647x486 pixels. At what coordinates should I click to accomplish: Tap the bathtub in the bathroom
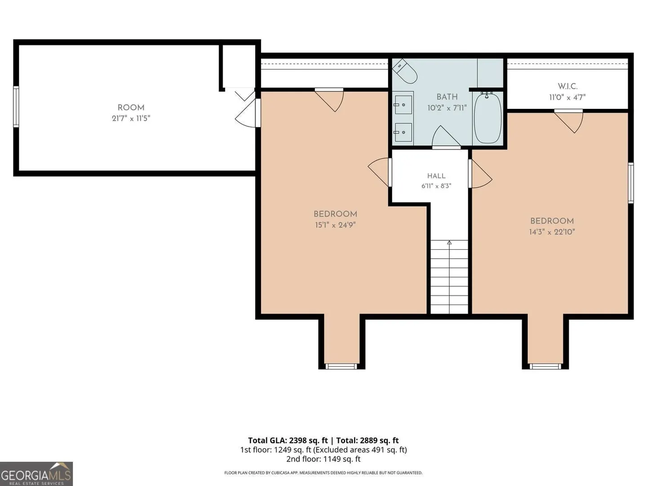coord(487,118)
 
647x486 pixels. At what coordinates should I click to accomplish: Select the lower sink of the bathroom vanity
coord(403,132)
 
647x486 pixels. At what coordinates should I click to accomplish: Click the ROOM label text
coord(131,108)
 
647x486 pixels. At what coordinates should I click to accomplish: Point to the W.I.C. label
coord(567,86)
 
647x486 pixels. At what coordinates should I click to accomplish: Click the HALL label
coord(436,176)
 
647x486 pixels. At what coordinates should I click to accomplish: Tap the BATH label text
coord(447,97)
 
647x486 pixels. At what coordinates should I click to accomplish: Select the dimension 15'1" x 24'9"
coord(335,225)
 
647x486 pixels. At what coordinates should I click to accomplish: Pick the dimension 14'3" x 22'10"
coord(552,232)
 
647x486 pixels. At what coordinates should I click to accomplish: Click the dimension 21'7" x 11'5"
coord(131,118)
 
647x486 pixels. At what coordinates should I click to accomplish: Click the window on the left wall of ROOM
coord(16,107)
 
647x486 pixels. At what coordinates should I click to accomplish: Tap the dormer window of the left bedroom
coord(341,366)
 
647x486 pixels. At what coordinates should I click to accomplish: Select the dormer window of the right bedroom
coord(545,366)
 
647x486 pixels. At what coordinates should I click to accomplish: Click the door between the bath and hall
coord(446,137)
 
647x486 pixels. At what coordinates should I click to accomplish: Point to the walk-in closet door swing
coord(568,121)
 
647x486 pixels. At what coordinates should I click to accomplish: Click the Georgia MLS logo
coord(36,473)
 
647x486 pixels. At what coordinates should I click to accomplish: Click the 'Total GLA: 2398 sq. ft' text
coord(288,441)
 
